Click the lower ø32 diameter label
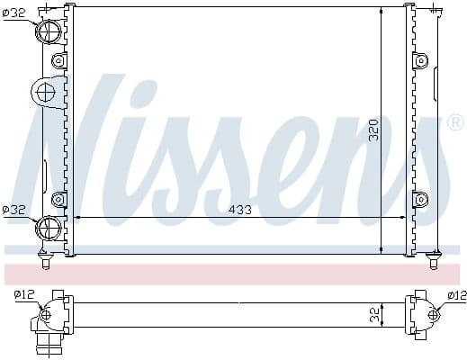pos(14,210)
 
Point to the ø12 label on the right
pos(455,294)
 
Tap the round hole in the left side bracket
pos(44,91)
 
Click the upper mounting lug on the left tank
pos(59,60)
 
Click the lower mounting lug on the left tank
pos(59,198)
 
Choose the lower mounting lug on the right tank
pos(419,198)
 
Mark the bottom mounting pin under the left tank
pos(46,262)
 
